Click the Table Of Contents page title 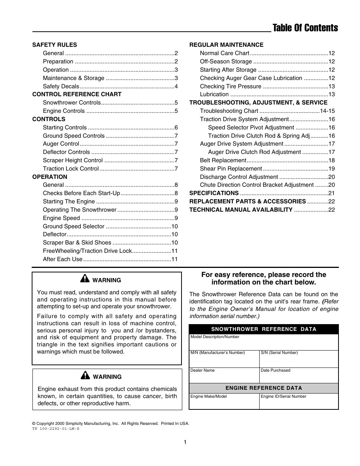[x=305, y=28]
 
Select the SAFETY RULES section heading [x=54, y=45]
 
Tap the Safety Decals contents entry [x=61, y=86]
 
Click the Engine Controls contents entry [x=64, y=111]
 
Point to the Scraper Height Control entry [x=72, y=160]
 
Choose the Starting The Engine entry [x=69, y=201]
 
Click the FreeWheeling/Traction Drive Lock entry [x=87, y=251]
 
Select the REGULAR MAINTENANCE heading [x=226, y=45]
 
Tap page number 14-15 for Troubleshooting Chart [x=327, y=111]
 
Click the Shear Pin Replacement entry [x=231, y=169]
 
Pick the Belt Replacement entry [x=223, y=160]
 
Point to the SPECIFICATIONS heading [x=214, y=193]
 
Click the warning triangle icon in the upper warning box [x=85, y=279]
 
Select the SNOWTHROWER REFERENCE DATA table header [x=264, y=329]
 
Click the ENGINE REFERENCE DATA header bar [x=264, y=388]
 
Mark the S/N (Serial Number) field [x=298, y=358]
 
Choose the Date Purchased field [x=298, y=375]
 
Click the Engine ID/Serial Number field [x=298, y=401]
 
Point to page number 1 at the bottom [x=185, y=442]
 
